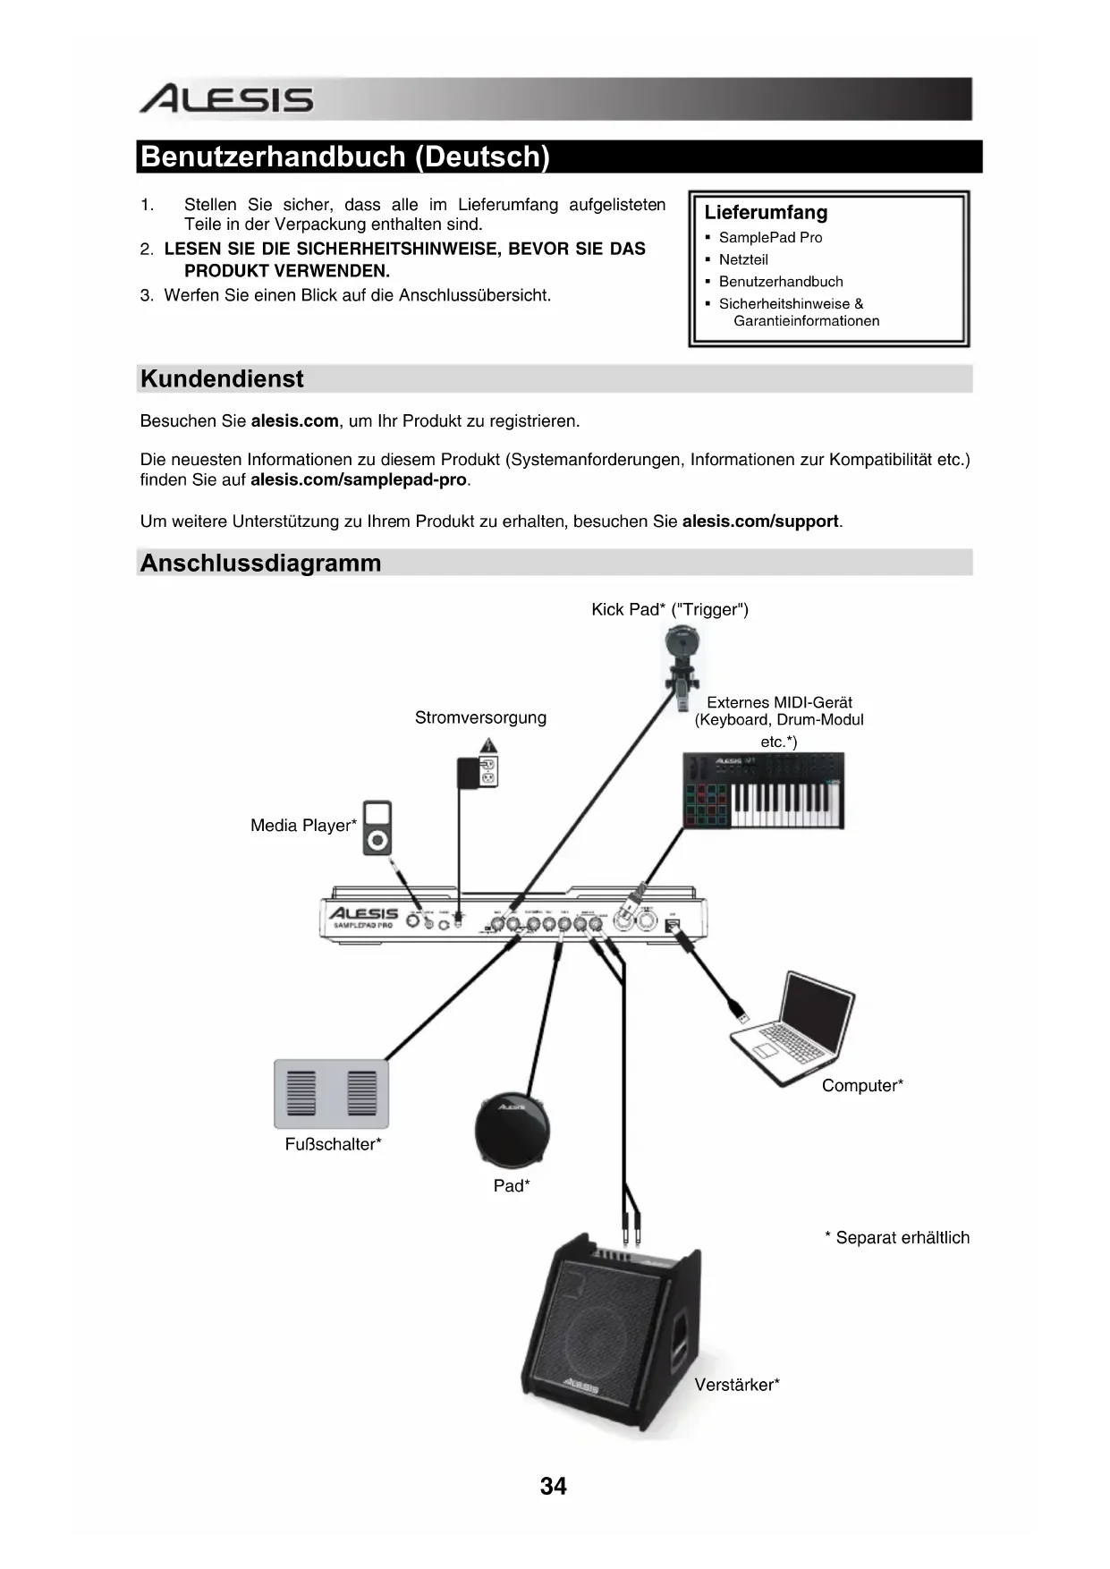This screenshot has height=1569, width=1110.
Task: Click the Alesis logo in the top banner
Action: [x=226, y=99]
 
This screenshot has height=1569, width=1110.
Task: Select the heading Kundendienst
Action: [x=222, y=379]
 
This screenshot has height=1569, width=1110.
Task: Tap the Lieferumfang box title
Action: [x=766, y=213]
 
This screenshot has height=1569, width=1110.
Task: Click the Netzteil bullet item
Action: [x=742, y=259]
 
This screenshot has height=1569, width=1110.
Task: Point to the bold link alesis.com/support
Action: [x=760, y=522]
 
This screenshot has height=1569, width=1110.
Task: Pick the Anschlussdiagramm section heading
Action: [x=260, y=564]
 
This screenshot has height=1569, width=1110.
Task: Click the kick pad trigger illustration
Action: [x=682, y=657]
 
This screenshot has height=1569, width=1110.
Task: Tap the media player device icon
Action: [x=377, y=828]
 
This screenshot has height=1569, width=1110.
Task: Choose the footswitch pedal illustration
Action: [x=331, y=1094]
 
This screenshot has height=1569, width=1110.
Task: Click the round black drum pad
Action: [x=512, y=1130]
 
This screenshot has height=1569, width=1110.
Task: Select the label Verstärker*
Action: [x=737, y=1386]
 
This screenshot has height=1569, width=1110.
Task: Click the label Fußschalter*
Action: [x=333, y=1145]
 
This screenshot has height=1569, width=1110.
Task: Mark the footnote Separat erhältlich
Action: [x=897, y=1238]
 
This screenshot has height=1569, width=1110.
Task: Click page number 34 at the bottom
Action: [x=554, y=1486]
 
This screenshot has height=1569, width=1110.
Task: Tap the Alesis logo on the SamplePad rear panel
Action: [x=362, y=913]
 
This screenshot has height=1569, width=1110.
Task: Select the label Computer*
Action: [x=862, y=1086]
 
